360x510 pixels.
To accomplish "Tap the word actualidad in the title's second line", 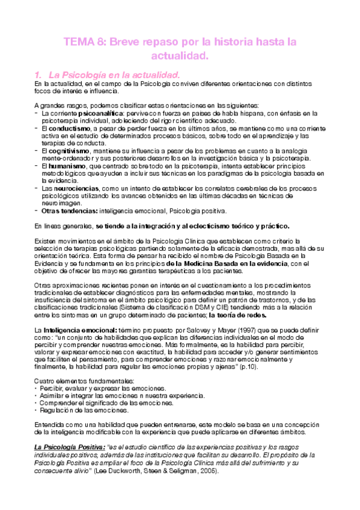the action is [x=180, y=57].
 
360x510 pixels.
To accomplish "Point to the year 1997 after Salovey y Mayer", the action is [x=243, y=330].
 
